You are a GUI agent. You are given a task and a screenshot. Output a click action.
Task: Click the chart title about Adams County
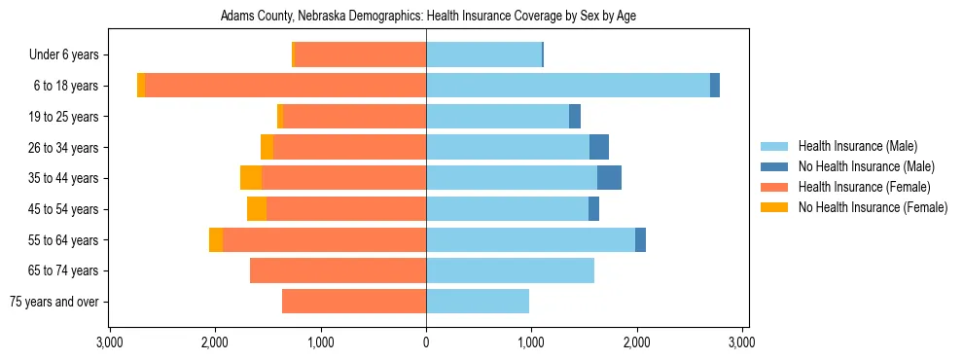(x=428, y=17)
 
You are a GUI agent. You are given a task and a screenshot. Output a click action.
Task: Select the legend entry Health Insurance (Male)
(x=857, y=146)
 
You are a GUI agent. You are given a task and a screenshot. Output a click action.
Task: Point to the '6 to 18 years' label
(x=65, y=86)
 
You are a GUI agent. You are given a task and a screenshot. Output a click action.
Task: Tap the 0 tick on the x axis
(x=426, y=343)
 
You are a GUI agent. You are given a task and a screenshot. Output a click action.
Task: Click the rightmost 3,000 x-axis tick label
(x=742, y=343)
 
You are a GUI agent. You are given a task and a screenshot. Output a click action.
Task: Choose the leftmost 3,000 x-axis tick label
(x=110, y=343)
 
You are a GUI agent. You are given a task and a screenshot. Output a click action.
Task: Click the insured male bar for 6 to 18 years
(x=568, y=86)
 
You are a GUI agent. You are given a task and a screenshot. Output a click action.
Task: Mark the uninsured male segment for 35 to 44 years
(x=609, y=178)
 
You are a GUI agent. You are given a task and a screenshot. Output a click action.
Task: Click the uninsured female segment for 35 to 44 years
(x=251, y=178)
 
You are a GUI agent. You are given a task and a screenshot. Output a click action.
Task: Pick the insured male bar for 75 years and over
(x=478, y=302)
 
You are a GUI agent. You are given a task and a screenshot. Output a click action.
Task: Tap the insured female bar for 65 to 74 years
(x=338, y=270)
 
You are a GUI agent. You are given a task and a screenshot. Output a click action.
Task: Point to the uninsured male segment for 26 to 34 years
(x=599, y=147)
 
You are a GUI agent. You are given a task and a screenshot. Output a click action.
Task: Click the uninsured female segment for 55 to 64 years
(x=216, y=239)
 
